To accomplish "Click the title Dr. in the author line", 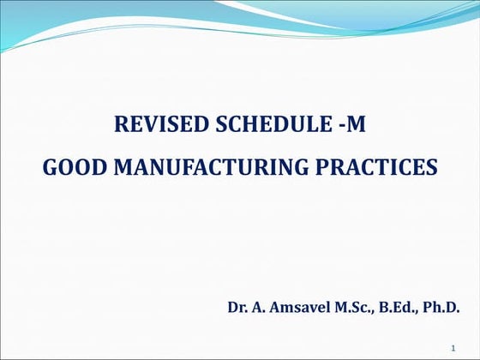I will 237,306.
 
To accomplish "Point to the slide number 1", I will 451,347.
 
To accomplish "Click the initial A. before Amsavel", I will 258,306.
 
